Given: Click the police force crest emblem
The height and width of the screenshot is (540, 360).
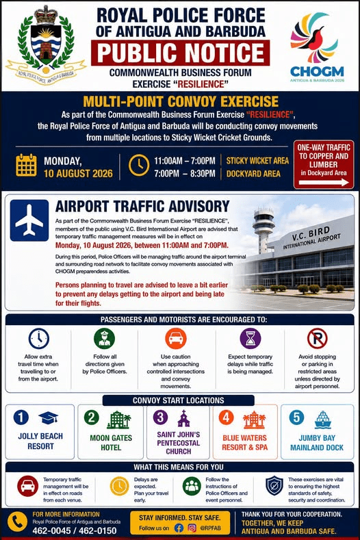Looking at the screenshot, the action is pos(46,42).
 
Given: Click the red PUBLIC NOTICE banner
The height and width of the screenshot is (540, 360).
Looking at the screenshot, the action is pos(180,53).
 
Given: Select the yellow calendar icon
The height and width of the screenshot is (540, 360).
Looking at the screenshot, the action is pos(26,166).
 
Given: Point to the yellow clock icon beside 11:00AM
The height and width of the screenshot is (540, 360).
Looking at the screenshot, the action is pos(139,166).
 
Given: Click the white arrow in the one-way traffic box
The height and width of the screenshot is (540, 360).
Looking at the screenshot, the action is pos(324,183).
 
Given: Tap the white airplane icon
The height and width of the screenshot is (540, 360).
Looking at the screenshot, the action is pos(29,220).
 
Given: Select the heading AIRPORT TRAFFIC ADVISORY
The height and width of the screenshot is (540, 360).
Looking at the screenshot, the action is pos(142,207).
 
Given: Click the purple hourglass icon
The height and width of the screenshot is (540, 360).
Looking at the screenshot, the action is pos(250,339).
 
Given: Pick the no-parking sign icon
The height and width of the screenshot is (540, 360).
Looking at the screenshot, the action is pos(318,339).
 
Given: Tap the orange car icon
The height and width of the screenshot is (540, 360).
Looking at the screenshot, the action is pos(176,339).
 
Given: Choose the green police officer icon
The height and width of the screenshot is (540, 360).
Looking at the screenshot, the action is pos(105,339).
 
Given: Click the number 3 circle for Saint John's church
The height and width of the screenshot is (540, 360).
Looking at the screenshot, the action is pos(160,417).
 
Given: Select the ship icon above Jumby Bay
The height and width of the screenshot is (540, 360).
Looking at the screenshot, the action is pos(323,420).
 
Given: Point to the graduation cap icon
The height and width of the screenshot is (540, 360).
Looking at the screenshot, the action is pos(48,417).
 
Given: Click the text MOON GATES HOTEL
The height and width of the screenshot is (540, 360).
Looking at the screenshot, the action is pos(111,443).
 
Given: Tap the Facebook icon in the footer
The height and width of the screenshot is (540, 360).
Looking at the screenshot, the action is pos(179,528).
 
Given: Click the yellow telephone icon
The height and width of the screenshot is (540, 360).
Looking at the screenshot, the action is pos(17,522).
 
